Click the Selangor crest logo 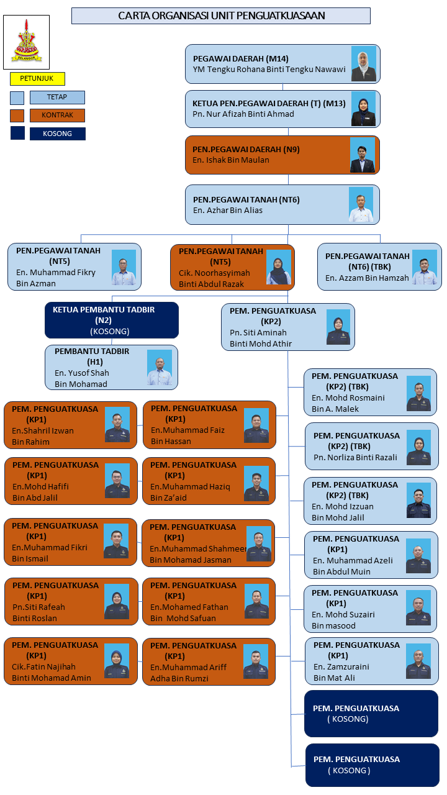[x=26, y=42]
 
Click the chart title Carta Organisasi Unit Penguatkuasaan [x=221, y=16]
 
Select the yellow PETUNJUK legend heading [x=37, y=79]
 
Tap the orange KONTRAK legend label [x=57, y=116]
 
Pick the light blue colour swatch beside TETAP [x=17, y=98]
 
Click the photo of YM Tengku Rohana [x=364, y=63]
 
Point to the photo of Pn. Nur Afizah [x=363, y=109]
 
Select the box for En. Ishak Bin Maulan [x=282, y=155]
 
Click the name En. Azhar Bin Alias [x=228, y=211]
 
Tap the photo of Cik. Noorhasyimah [x=279, y=268]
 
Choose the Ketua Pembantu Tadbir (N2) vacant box [x=112, y=320]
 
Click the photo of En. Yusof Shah [x=160, y=368]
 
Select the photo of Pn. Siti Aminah [x=338, y=327]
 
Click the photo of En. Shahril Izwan [x=117, y=425]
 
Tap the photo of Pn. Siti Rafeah [x=117, y=602]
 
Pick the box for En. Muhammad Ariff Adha [x=209, y=661]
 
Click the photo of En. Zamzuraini [x=418, y=661]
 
